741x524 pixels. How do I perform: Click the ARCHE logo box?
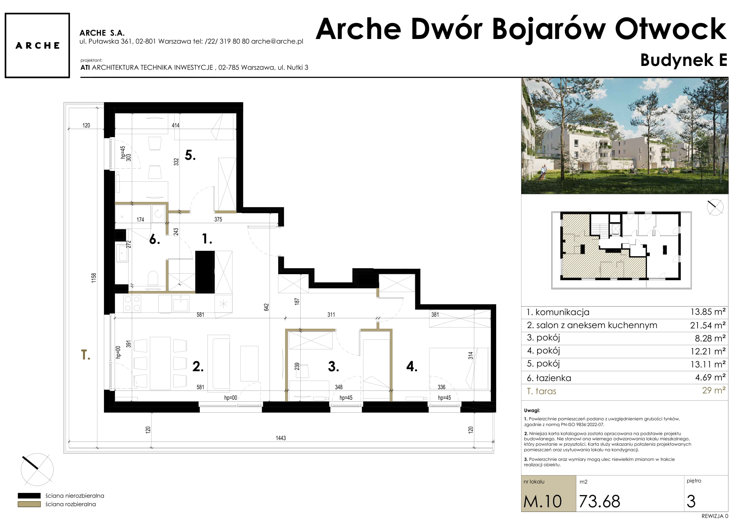tap(37, 46)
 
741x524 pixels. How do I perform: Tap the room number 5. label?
tap(190, 155)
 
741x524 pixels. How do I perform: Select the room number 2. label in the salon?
tap(198, 366)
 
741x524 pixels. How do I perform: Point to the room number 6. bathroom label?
tap(155, 239)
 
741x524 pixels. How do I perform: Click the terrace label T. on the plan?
tap(86, 355)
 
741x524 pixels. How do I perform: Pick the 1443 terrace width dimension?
tap(280, 438)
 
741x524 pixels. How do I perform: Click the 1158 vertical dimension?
tap(93, 278)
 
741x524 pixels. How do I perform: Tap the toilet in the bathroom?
tap(153, 280)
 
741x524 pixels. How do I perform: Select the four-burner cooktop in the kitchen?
tap(132, 303)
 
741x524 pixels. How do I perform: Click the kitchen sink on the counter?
tap(181, 304)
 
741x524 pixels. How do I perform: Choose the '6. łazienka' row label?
tap(549, 378)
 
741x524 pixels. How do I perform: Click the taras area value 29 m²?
tap(714, 390)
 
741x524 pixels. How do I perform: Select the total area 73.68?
tap(600, 501)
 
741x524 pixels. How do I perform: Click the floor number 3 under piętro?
tap(691, 501)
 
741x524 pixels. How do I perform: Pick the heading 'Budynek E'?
tap(684, 60)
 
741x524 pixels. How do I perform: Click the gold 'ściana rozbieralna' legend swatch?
tap(29, 504)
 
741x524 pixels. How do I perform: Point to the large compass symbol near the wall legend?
tap(37, 469)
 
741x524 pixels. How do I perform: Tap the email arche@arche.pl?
tap(277, 41)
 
